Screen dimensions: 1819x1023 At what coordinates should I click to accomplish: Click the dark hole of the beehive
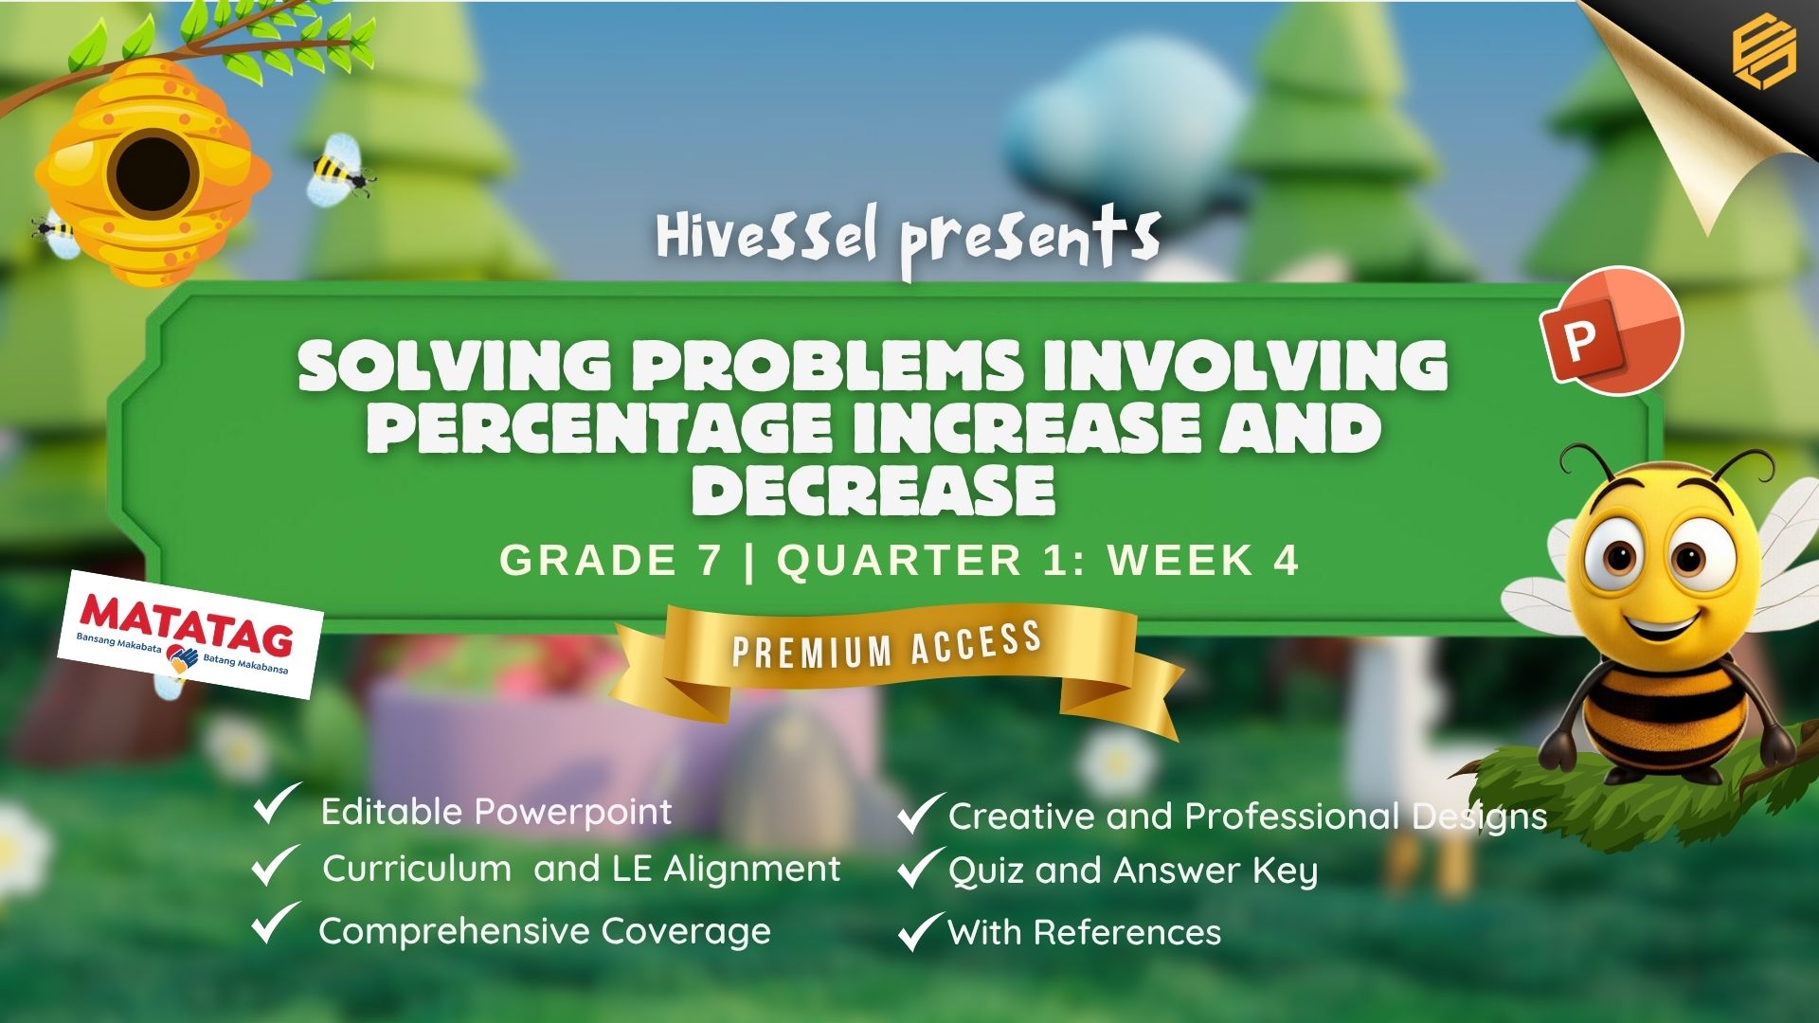click(153, 176)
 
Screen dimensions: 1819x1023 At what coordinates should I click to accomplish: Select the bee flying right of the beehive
click(339, 169)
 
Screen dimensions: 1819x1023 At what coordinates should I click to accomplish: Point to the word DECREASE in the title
click(873, 489)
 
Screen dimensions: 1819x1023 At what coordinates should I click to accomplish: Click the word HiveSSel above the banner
click(766, 237)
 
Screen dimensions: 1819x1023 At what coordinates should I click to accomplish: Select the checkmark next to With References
click(920, 931)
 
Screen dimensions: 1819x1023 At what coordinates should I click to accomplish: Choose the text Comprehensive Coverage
click(545, 932)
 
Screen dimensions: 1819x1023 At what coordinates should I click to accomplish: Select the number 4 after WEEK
click(1286, 560)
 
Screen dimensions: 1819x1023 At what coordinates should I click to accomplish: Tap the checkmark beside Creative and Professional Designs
click(920, 813)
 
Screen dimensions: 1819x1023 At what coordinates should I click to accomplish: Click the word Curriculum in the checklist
click(417, 869)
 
